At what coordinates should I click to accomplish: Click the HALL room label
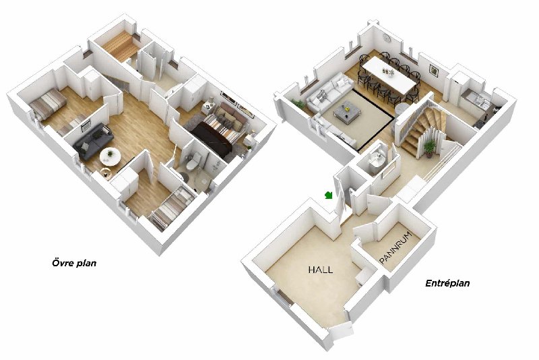click(321, 270)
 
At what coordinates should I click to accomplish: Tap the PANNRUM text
click(395, 248)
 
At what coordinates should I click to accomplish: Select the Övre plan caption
click(74, 264)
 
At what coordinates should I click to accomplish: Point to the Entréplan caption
click(447, 283)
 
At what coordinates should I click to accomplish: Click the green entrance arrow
click(329, 196)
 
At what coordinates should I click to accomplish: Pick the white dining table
click(389, 75)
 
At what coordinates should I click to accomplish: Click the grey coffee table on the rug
click(347, 113)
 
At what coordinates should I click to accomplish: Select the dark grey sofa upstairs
click(93, 141)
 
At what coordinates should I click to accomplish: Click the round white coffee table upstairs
click(110, 156)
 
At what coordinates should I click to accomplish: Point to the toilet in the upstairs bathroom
click(193, 162)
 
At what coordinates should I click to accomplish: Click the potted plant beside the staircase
click(429, 148)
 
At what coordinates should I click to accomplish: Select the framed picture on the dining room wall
click(434, 70)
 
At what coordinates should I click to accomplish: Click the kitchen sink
click(479, 100)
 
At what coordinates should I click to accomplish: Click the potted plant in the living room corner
click(298, 104)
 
